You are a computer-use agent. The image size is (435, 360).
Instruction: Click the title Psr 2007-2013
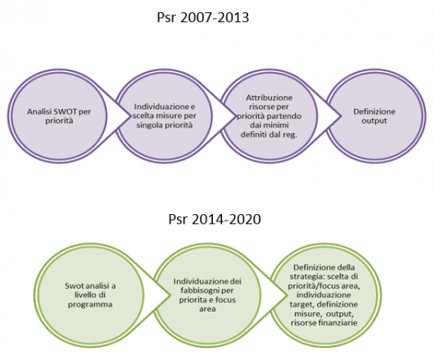pos(203,17)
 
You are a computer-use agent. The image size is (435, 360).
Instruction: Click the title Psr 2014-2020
pos(215,219)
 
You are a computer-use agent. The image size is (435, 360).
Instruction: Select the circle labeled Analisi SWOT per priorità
pos(57,116)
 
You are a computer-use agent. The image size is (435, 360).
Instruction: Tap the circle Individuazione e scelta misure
pos(164,116)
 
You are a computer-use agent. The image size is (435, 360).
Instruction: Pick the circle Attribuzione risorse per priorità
pos(269,116)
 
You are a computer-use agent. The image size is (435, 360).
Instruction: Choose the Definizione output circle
pos(375,116)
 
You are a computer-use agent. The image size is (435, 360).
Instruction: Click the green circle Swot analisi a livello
pos(90,295)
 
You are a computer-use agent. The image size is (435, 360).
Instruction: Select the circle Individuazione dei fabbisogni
pos(207,295)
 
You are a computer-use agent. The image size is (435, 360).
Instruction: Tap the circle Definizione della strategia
pos(324,295)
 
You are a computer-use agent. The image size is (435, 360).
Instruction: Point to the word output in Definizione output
pos(374,121)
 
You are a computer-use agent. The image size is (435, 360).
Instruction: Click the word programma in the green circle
pos(90,304)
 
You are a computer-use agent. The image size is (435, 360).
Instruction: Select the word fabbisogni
pos(198,290)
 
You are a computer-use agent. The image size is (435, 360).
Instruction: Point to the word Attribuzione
pos(269,98)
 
